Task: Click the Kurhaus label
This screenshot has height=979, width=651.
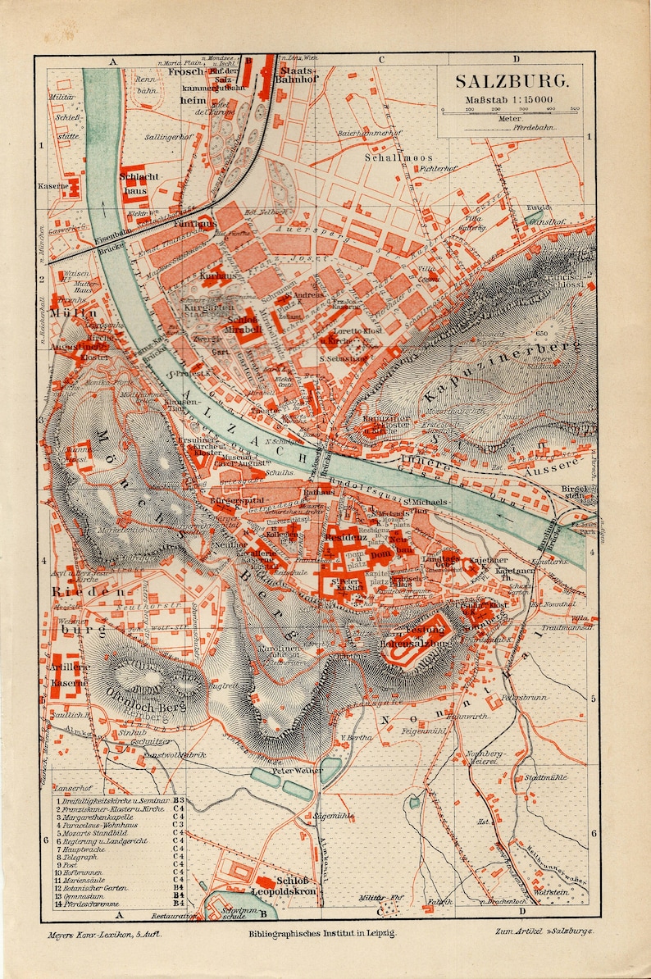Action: (x=217, y=276)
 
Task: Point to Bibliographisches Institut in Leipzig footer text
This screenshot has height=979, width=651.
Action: (x=321, y=933)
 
